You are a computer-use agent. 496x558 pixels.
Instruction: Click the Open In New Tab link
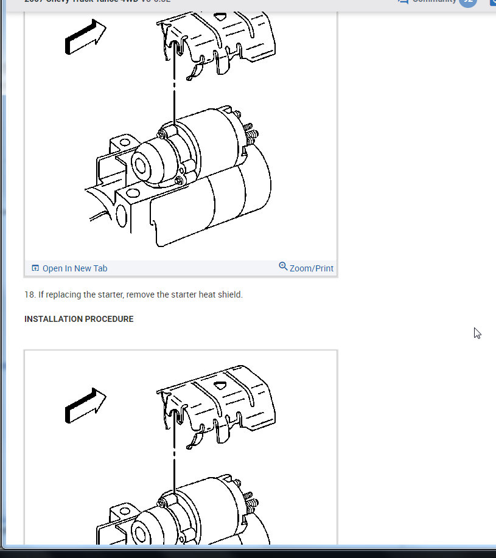click(x=75, y=268)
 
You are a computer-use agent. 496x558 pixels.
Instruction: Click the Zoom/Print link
click(x=312, y=268)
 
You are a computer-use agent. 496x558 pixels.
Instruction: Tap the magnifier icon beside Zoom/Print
click(x=283, y=267)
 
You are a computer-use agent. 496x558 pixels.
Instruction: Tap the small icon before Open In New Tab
click(x=35, y=268)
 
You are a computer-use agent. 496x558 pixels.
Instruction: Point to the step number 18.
click(x=29, y=295)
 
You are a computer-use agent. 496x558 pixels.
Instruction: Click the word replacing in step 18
click(x=63, y=295)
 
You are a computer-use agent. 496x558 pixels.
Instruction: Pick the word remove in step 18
click(x=140, y=295)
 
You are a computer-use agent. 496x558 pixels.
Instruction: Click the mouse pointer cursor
click(x=477, y=333)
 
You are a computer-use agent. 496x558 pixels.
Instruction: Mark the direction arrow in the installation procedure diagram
click(x=85, y=405)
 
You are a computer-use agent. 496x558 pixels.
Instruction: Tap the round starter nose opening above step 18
click(x=139, y=165)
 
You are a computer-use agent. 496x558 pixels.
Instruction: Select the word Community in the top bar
click(x=434, y=1)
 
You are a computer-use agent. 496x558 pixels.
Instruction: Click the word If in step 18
click(x=41, y=295)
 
